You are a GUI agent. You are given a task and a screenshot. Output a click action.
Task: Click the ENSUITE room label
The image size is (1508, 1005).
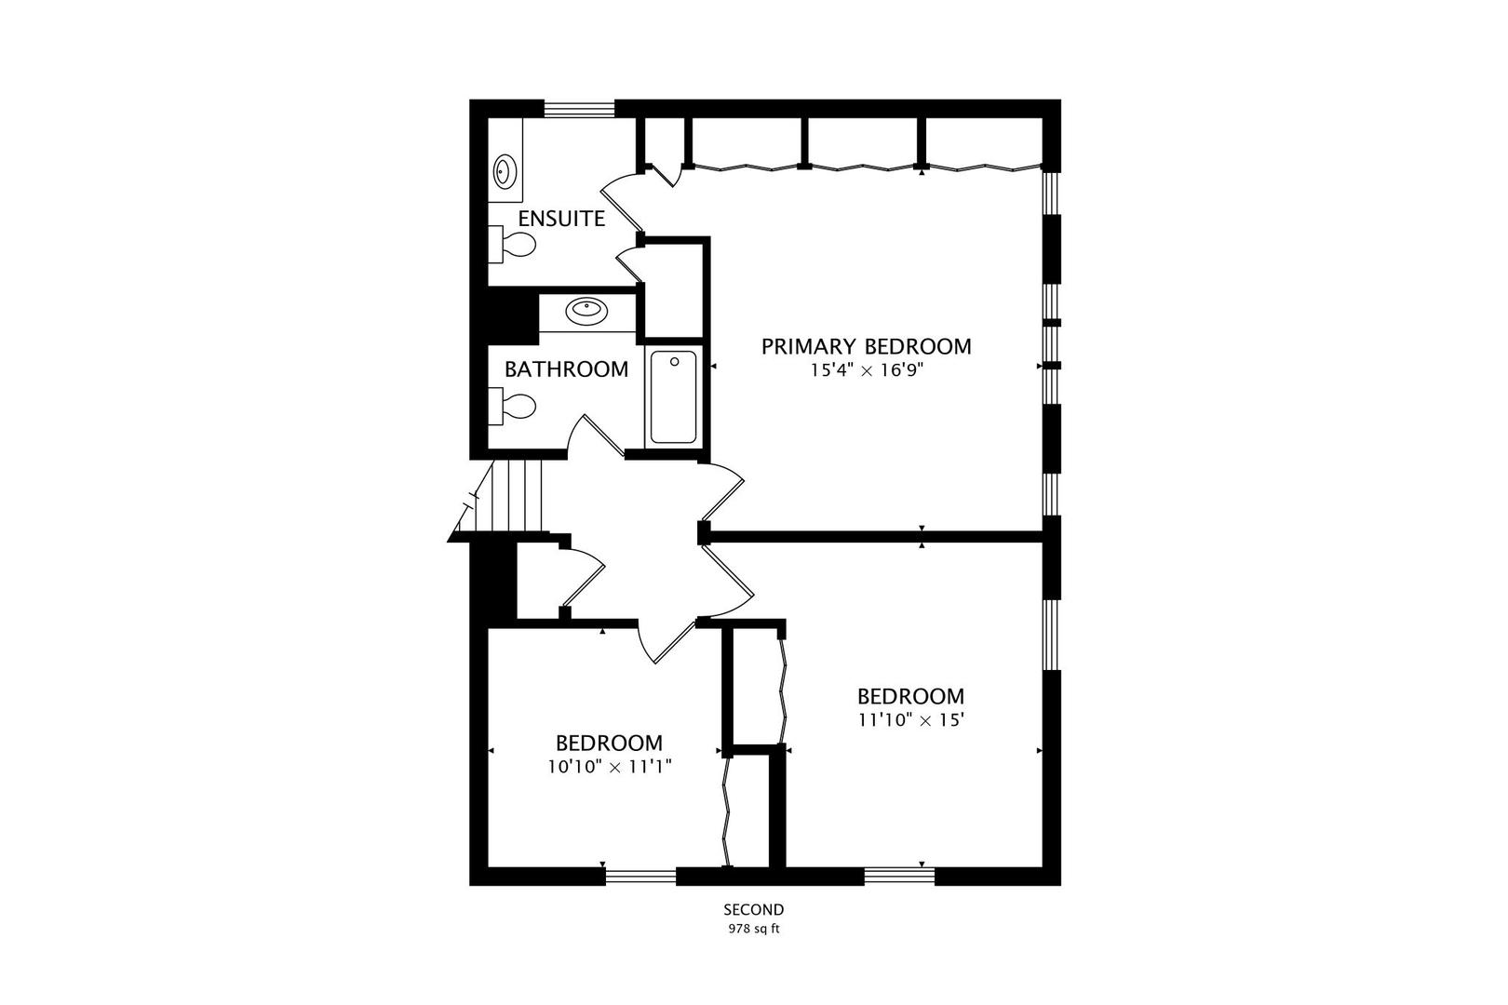pos(561,219)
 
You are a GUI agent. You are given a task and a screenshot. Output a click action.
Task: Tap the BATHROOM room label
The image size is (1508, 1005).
pos(566,369)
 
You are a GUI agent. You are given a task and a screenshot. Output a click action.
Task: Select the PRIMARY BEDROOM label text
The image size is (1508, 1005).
pos(867,347)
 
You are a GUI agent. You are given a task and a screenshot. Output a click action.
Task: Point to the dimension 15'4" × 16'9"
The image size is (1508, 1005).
pos(866,370)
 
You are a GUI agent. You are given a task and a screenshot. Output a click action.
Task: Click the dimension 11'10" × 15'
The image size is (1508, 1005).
pos(911,720)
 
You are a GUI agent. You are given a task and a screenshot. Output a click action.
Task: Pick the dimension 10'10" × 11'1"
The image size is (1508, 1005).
pos(610,768)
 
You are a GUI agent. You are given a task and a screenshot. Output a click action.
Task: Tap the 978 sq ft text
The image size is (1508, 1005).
pos(753,930)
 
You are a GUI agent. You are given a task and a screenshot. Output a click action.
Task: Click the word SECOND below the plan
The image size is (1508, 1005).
pos(754,910)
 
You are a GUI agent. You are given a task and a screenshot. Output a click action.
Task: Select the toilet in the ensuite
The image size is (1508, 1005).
pos(512,245)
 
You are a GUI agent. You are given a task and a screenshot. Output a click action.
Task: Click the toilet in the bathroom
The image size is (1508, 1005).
pos(512,406)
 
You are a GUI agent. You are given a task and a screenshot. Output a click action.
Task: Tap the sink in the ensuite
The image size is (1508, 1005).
pos(505,171)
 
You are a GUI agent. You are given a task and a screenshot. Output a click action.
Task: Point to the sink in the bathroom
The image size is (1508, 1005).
pos(587,310)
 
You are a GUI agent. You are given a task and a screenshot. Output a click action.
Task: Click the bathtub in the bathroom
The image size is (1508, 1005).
pos(673,397)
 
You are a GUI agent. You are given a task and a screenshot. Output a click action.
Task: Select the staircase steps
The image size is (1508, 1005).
pos(517,496)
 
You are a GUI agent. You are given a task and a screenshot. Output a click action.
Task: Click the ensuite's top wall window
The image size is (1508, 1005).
pos(579,109)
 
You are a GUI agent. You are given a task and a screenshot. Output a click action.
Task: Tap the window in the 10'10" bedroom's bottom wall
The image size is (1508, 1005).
pos(640,877)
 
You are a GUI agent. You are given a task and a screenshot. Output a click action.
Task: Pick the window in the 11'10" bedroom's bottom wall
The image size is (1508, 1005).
pos(899,877)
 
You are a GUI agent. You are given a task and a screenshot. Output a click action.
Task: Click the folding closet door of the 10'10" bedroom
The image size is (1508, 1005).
pos(726,811)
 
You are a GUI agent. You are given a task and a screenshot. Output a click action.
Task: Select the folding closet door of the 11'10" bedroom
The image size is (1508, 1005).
pos(782,690)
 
